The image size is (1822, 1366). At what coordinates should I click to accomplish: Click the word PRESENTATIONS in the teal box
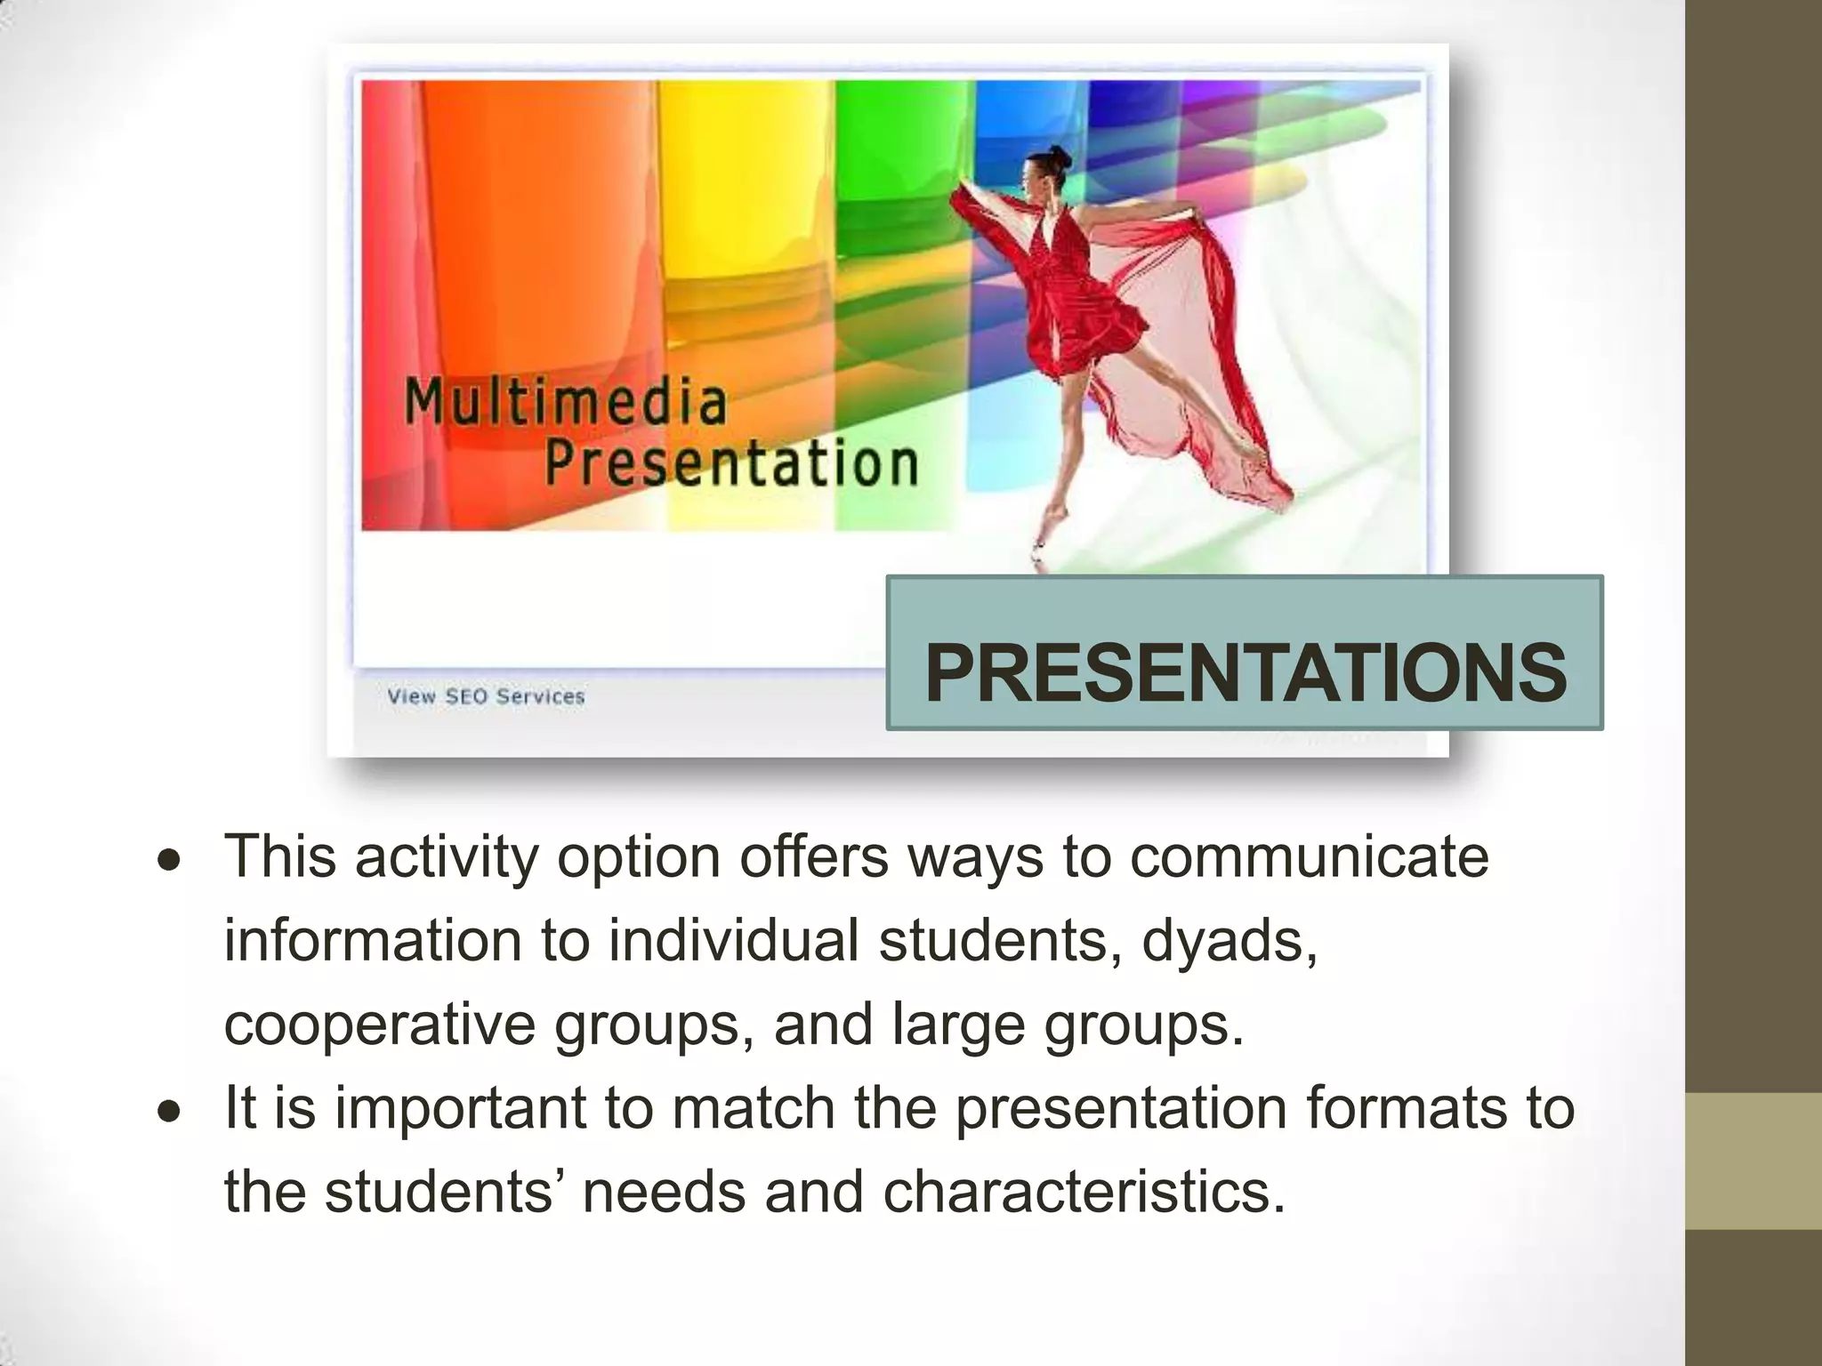1245,673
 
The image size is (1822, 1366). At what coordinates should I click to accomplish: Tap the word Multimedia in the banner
566,402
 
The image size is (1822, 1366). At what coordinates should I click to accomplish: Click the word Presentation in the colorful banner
730,463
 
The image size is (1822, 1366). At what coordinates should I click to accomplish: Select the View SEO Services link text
486,696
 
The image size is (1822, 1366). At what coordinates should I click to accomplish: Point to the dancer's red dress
1072,293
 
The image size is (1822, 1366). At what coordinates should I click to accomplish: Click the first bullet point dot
169,861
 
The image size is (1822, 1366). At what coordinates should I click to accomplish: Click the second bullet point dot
169,1112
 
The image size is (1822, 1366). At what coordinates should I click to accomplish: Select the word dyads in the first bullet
1228,941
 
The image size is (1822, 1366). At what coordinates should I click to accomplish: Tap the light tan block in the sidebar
1753,1161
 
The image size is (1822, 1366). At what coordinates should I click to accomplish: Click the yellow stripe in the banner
747,222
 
